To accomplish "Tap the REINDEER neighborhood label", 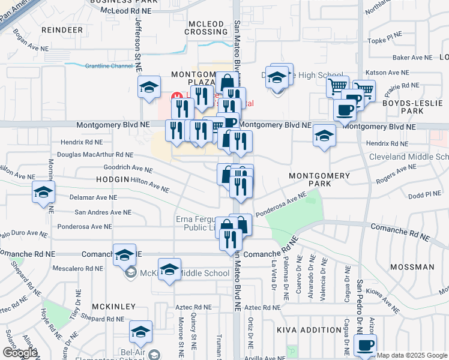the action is [62, 29].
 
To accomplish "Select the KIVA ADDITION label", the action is [309, 330].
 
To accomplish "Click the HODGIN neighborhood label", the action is [112, 179].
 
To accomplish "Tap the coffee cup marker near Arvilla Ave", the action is [366, 345].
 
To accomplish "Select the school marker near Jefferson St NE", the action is [149, 87].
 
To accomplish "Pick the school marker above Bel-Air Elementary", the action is [140, 331].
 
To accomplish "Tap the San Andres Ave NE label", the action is [103, 212].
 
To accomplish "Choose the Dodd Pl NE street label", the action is [424, 194].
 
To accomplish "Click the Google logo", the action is [20, 353].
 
